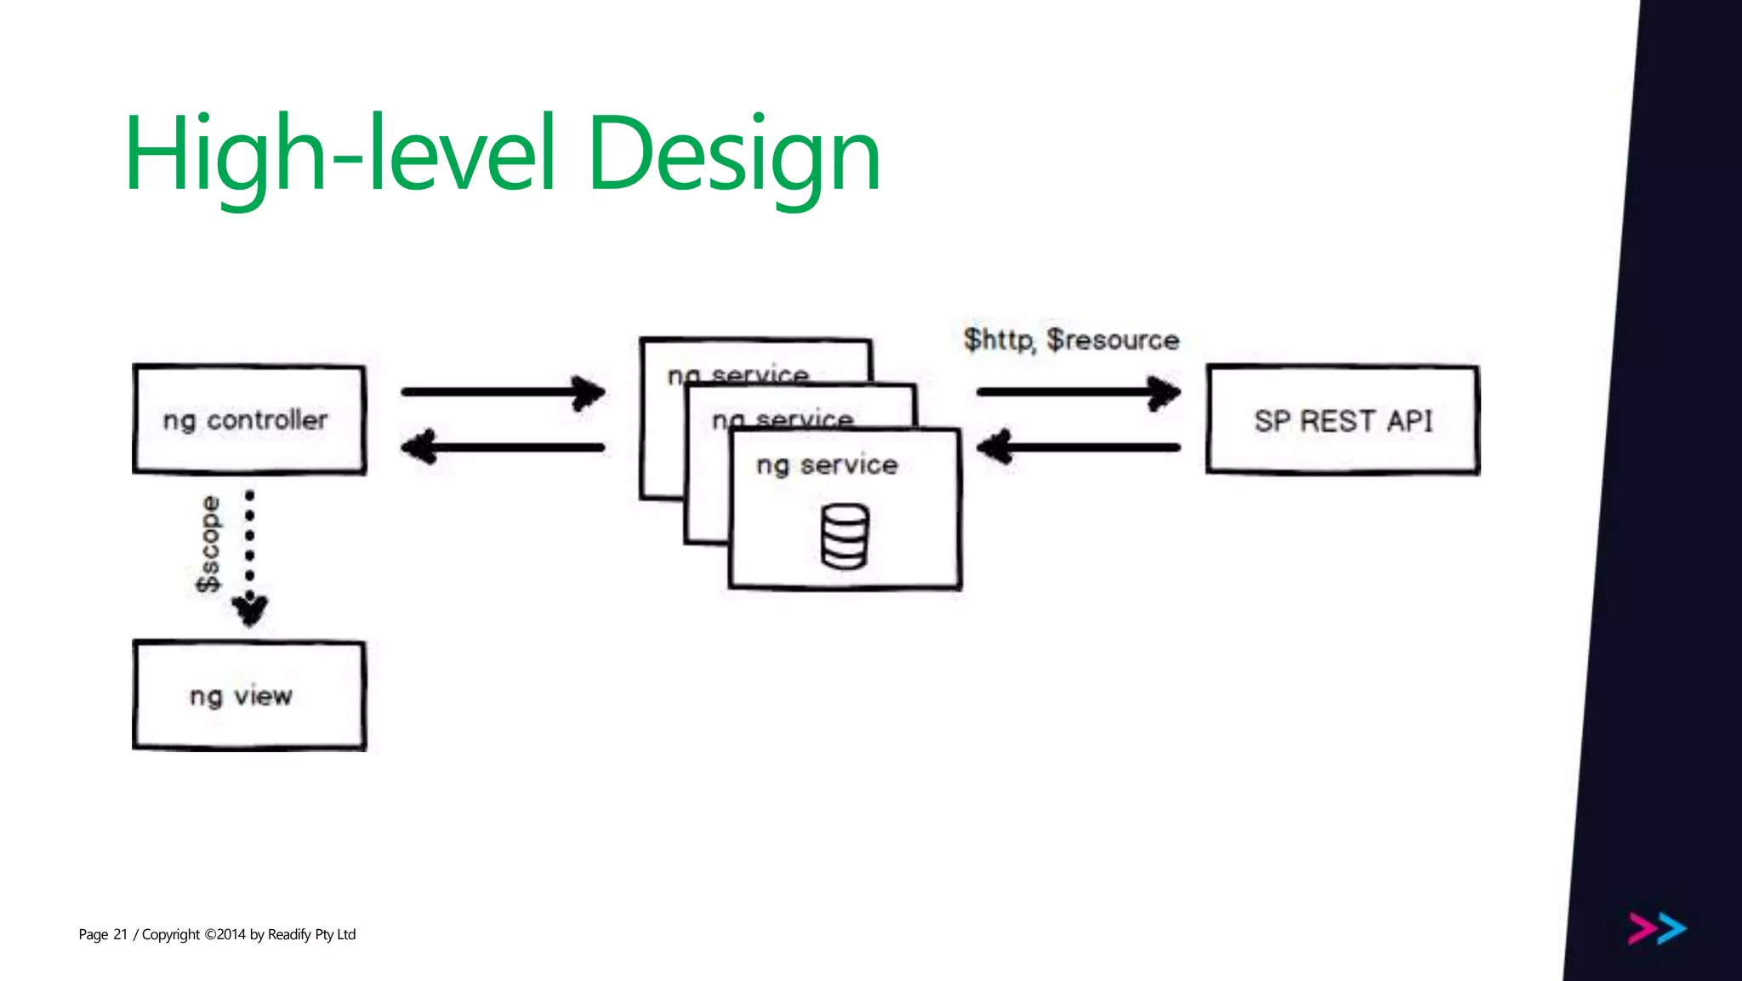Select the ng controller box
click(x=249, y=419)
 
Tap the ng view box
click(x=249, y=696)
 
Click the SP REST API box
click(x=1342, y=420)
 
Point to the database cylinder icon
click(x=845, y=536)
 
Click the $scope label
click(x=208, y=544)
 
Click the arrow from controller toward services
click(x=503, y=392)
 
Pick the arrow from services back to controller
click(x=503, y=447)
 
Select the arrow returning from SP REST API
click(x=1079, y=447)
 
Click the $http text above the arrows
click(x=999, y=340)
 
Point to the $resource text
click(x=1113, y=340)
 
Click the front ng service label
click(x=827, y=465)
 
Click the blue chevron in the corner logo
click(x=1672, y=928)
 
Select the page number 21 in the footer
click(x=120, y=934)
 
